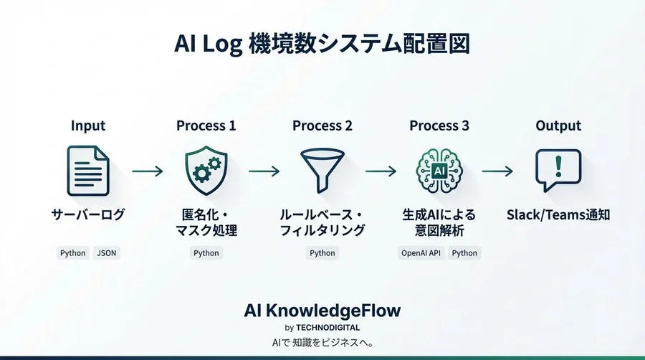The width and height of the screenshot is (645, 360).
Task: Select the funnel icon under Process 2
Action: (322, 169)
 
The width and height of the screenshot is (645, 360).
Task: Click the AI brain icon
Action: (439, 169)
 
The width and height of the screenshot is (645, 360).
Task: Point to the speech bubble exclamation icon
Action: (558, 169)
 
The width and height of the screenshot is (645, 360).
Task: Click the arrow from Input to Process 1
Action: (148, 171)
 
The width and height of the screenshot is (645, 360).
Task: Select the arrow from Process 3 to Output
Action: (497, 171)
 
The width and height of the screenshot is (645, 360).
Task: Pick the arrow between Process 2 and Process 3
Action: (381, 171)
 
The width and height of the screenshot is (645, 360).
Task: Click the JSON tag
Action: (106, 253)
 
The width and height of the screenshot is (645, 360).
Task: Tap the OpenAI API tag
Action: (420, 253)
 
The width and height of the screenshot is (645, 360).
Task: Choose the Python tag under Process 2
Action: (322, 253)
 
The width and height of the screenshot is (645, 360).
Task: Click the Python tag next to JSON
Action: (72, 253)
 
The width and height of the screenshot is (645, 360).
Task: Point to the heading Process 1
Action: (206, 126)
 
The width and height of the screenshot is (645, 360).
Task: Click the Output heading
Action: (558, 126)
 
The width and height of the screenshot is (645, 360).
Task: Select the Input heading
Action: (88, 126)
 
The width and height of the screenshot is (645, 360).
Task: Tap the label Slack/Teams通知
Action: (558, 214)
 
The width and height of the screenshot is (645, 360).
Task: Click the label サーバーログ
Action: (87, 214)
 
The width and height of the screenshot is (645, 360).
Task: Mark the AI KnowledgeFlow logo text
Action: (322, 311)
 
